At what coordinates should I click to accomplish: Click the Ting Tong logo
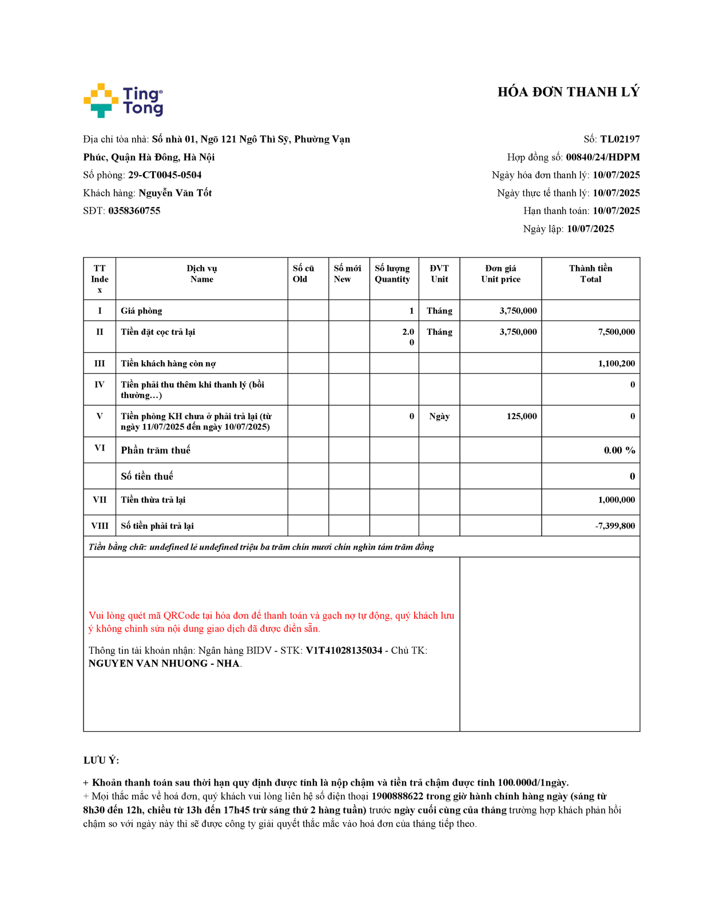click(124, 101)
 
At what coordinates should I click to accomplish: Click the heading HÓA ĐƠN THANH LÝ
click(568, 92)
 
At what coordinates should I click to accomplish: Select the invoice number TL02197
click(619, 139)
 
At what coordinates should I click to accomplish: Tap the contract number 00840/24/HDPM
click(602, 157)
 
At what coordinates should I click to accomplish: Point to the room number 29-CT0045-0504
click(165, 175)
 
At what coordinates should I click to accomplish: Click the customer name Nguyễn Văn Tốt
click(175, 193)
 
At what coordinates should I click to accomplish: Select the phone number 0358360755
click(134, 211)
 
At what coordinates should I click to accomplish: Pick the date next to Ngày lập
click(590, 229)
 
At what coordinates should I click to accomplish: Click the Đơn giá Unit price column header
click(501, 274)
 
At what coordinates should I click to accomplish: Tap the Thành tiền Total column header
click(590, 274)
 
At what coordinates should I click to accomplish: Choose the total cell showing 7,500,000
click(616, 332)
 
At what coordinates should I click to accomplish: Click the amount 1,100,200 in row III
click(616, 364)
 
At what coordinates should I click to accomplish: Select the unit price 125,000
click(521, 416)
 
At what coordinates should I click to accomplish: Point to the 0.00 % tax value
click(619, 451)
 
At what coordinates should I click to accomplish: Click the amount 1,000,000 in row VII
click(616, 500)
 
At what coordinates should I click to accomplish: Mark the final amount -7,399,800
click(614, 526)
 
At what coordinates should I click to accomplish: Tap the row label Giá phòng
click(141, 311)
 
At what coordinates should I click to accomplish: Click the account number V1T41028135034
click(344, 650)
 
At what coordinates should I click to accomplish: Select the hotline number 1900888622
click(398, 796)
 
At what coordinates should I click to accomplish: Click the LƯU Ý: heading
click(101, 760)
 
